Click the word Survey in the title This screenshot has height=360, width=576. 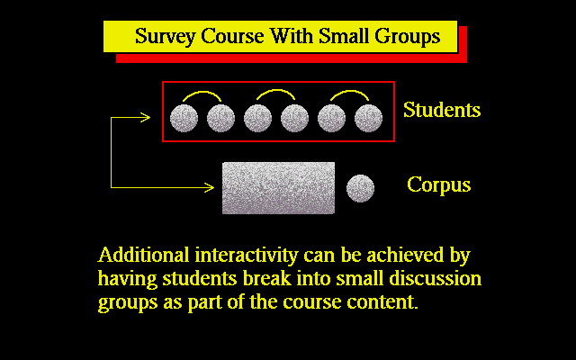[165, 37]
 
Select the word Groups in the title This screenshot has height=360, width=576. [407, 37]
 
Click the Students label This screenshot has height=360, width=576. [442, 110]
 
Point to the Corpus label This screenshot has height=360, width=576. [439, 185]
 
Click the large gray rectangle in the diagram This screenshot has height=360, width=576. [278, 188]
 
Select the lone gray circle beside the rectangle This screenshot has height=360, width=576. [360, 188]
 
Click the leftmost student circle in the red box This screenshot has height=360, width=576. [184, 118]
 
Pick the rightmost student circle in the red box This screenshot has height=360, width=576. [368, 118]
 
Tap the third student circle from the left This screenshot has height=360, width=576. [258, 118]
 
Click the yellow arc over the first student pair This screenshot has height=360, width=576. [202, 92]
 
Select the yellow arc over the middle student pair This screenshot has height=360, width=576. [276, 90]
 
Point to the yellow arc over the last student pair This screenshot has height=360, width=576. [350, 91]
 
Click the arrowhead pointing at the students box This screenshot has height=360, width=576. [146, 118]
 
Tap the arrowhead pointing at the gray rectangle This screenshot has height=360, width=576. [210, 188]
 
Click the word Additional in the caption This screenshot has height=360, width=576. [143, 255]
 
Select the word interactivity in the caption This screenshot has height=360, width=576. [246, 256]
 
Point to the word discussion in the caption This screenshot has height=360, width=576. [436, 279]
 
